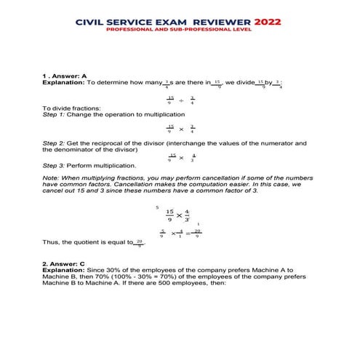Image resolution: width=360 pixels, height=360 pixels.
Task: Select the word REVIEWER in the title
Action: coord(218,22)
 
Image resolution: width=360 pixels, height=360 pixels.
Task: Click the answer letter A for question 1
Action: coord(85,76)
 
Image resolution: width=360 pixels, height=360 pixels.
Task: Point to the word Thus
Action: coord(51,241)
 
